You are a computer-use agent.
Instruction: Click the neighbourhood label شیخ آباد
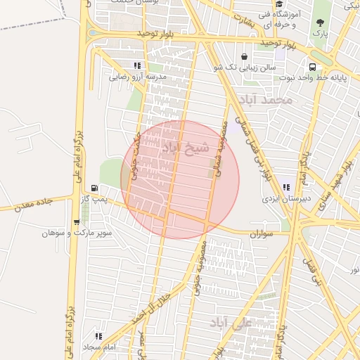pos(186,148)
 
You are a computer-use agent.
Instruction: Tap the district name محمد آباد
pos(264,101)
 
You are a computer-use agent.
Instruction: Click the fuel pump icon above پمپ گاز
pos(94,188)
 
